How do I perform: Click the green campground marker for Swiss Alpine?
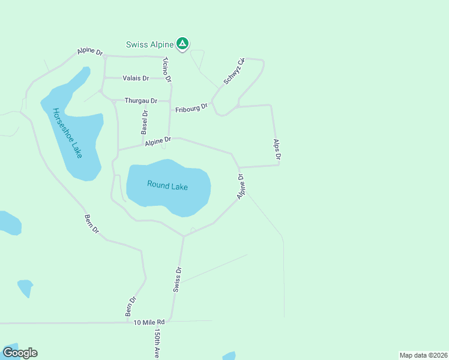(182, 43)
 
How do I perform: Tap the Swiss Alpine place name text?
(149, 44)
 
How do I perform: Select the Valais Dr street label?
(136, 78)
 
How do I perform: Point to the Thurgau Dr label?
(140, 101)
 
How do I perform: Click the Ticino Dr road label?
(167, 70)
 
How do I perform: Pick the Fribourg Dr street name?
(191, 109)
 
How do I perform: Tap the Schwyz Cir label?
(235, 71)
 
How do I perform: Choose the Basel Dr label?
(145, 122)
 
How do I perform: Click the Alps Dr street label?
(277, 149)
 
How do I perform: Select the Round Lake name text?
(167, 186)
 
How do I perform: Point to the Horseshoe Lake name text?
(67, 133)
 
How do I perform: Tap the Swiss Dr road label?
(178, 280)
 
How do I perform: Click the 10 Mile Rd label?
(149, 322)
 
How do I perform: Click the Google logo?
(20, 353)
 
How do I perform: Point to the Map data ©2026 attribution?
(423, 355)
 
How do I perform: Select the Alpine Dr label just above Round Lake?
(158, 140)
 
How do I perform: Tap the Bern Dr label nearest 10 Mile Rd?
(131, 306)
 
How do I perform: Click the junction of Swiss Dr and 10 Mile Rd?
(170, 322)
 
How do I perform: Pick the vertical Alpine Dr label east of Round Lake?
(241, 187)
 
